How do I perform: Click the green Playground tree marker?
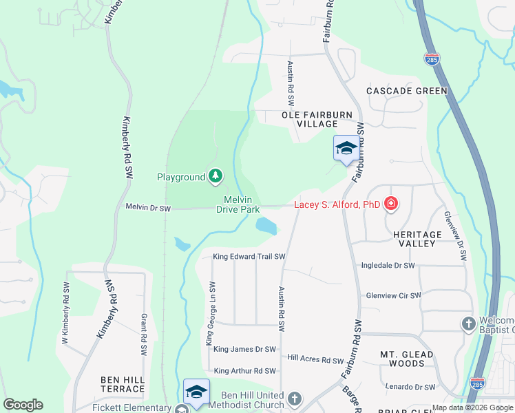(216, 177)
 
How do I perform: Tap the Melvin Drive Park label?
(240, 204)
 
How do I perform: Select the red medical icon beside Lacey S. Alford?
(391, 204)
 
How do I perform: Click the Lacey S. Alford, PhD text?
(337, 204)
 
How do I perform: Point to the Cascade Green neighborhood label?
(407, 91)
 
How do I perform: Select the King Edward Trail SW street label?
(249, 257)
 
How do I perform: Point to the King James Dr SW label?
(244, 350)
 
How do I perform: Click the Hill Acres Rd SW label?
(315, 359)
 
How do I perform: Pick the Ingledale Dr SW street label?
(388, 265)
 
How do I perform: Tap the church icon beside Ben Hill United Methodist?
(295, 399)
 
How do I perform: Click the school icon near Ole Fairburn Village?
(346, 149)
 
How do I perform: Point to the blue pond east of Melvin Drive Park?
(266, 225)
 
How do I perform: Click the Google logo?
(23, 405)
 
